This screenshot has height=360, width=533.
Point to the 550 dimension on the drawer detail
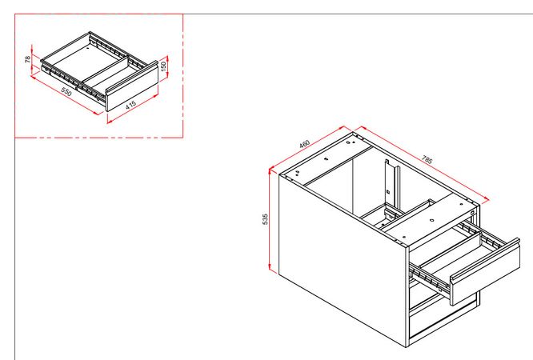point(66,93)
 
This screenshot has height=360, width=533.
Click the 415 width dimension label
point(130,104)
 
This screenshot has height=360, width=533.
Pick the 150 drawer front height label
point(164,65)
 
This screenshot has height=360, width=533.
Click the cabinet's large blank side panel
point(336,256)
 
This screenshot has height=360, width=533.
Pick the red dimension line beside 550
point(64,97)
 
